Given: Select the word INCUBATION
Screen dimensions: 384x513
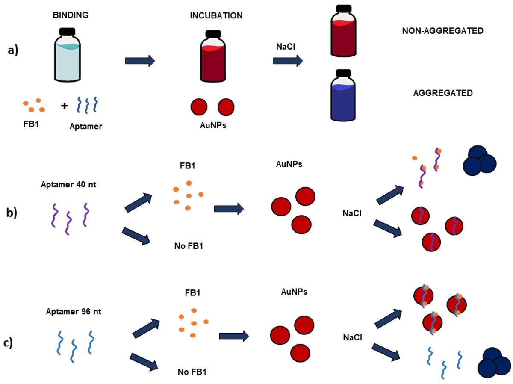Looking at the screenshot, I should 217,16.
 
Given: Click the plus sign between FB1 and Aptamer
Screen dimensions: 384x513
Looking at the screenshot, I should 65,105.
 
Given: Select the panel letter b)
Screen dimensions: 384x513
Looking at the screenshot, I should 12,212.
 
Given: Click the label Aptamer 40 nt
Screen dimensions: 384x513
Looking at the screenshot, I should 65,184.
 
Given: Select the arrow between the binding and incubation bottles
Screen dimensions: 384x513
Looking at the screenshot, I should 140,61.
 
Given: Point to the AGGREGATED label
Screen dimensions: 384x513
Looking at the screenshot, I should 443,93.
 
